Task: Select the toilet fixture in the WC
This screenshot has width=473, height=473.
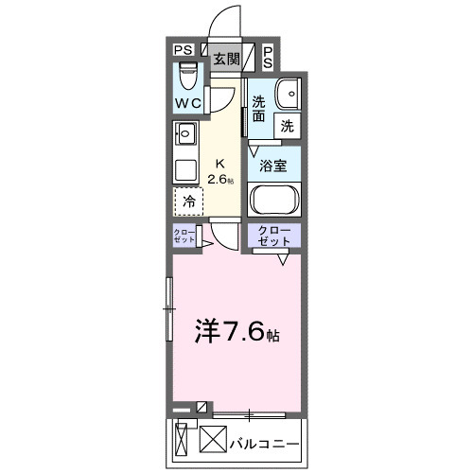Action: [x=187, y=73]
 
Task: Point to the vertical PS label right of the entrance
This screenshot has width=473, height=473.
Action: [x=268, y=58]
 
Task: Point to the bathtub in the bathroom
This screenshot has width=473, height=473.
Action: [x=274, y=201]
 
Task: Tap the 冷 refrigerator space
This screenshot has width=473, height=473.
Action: [x=188, y=201]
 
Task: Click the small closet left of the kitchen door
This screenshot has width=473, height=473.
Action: [x=184, y=236]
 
